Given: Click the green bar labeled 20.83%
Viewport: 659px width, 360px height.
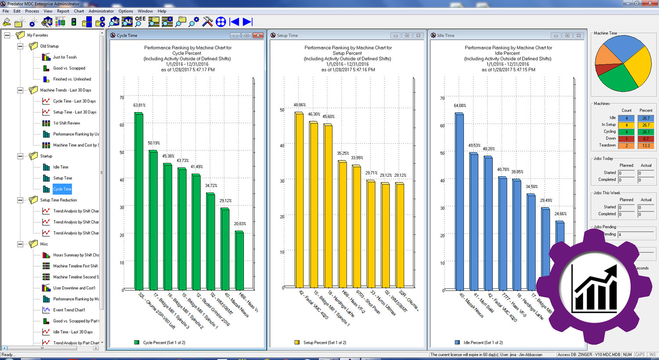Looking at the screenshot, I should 239,259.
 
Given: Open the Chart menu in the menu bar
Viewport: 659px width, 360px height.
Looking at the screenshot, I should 79,11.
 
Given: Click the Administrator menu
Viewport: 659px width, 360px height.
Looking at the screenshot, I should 101,11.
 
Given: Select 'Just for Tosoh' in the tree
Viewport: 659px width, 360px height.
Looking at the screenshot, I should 65,57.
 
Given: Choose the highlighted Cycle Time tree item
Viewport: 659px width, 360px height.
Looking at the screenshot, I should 62,189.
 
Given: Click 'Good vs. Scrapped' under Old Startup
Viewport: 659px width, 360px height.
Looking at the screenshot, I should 69,68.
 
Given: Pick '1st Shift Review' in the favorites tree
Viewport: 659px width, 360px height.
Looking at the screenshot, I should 66,123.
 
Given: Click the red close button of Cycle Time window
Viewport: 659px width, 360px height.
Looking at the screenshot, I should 258,36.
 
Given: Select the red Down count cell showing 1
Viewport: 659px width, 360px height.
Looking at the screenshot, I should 626,138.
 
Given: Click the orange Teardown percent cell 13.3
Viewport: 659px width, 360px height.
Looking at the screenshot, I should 646,145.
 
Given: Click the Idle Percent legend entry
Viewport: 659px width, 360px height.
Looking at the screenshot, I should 482,342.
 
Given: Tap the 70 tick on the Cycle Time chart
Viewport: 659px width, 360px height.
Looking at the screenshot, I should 122,98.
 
